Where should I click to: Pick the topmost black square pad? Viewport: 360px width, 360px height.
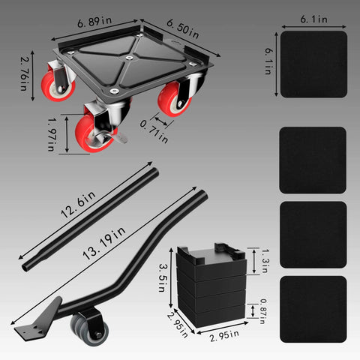(313, 64)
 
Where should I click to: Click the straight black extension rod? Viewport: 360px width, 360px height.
(90, 220)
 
